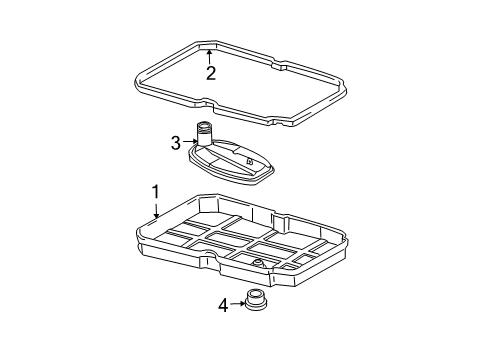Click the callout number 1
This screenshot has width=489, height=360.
click(x=156, y=192)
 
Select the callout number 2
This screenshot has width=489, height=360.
click(x=211, y=73)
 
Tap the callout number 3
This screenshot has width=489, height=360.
click(x=176, y=143)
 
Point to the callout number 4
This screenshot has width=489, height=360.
click(x=223, y=305)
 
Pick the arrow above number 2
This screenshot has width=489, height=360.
click(x=209, y=57)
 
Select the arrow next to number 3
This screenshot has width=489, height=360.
click(x=190, y=141)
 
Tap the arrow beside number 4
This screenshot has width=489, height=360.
click(x=238, y=303)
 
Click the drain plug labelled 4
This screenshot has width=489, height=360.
click(x=255, y=300)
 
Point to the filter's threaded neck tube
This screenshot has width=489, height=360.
click(x=203, y=134)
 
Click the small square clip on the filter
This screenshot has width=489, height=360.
click(x=249, y=161)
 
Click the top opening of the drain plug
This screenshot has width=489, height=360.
click(x=255, y=293)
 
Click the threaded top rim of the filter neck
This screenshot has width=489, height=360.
click(x=203, y=126)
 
